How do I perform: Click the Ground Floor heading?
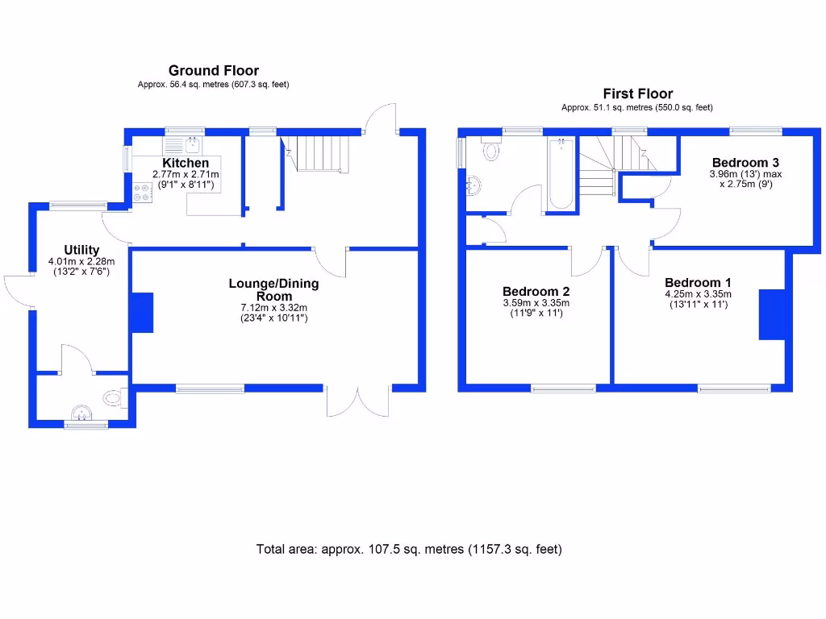click(x=213, y=71)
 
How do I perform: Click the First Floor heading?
click(x=637, y=93)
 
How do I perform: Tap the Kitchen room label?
click(x=186, y=163)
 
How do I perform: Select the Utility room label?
click(x=81, y=250)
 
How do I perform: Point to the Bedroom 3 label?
click(x=745, y=163)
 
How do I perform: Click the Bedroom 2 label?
click(x=536, y=291)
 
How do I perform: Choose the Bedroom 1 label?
click(x=698, y=282)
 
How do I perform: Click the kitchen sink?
click(x=184, y=145)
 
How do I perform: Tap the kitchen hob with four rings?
click(x=143, y=193)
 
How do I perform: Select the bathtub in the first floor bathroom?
click(x=561, y=173)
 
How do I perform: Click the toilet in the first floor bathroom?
click(x=490, y=150)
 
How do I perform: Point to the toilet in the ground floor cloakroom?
click(x=114, y=397)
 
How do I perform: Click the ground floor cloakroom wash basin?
click(x=81, y=414)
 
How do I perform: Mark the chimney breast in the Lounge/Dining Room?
click(x=142, y=313)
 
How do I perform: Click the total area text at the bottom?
click(x=409, y=550)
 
